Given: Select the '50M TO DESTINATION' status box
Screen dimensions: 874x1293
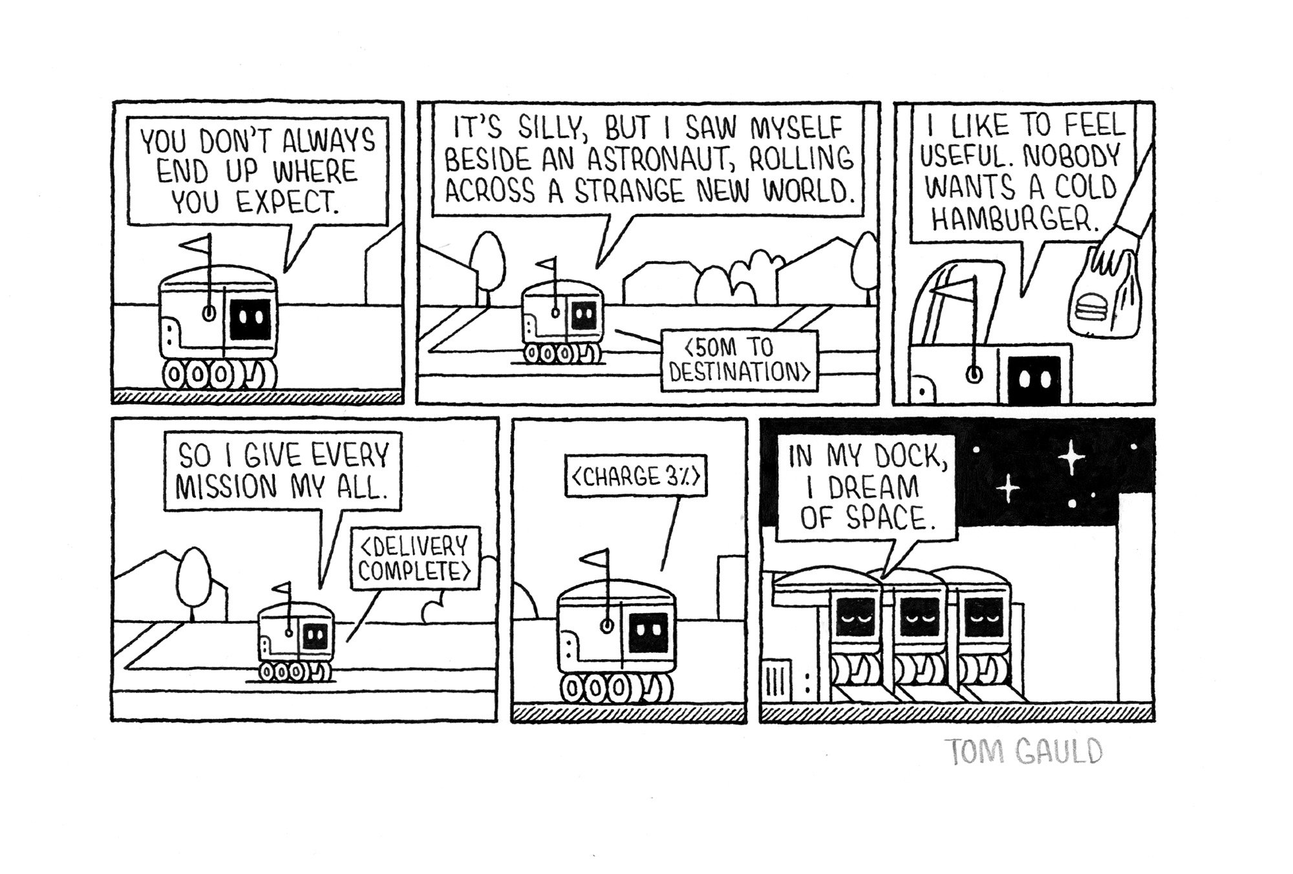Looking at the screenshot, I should pos(739,360).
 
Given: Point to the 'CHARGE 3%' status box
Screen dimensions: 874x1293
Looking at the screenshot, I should pos(636,477).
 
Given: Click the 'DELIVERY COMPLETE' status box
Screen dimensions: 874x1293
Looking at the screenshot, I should pos(414,558).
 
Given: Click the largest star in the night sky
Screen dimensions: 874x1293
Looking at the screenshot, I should pos(1071,457).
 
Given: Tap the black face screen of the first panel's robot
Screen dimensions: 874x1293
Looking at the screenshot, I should pos(250,319).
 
